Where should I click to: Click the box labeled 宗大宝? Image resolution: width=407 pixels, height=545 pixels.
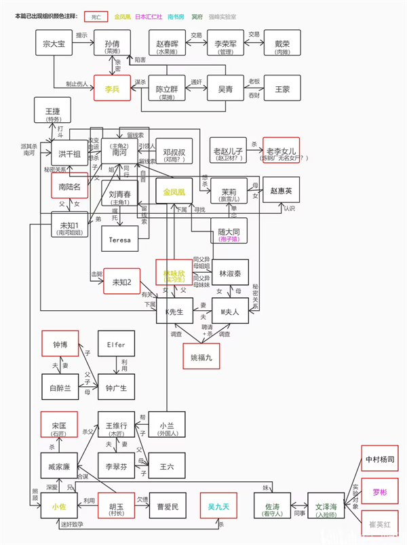tap(53, 42)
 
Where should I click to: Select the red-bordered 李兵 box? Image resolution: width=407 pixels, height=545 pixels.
tap(111, 88)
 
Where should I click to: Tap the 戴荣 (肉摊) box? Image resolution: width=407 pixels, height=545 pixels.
tap(282, 42)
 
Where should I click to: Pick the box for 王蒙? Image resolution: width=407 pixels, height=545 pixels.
tap(282, 88)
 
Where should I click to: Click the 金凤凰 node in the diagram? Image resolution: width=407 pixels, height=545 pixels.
tap(174, 192)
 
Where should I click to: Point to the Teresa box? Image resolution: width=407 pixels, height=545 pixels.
tap(119, 239)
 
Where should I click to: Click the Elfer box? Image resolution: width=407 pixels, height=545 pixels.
tap(116, 345)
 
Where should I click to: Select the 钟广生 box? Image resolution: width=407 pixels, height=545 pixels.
tap(116, 388)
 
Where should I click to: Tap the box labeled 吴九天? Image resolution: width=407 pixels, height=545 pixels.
tap(218, 506)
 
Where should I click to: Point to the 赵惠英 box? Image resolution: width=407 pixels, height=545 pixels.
tap(281, 191)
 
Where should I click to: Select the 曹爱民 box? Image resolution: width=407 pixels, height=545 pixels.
tap(168, 506)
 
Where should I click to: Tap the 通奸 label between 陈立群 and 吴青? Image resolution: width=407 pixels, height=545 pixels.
tap(197, 81)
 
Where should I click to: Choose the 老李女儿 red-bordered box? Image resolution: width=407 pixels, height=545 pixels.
tap(281, 150)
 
